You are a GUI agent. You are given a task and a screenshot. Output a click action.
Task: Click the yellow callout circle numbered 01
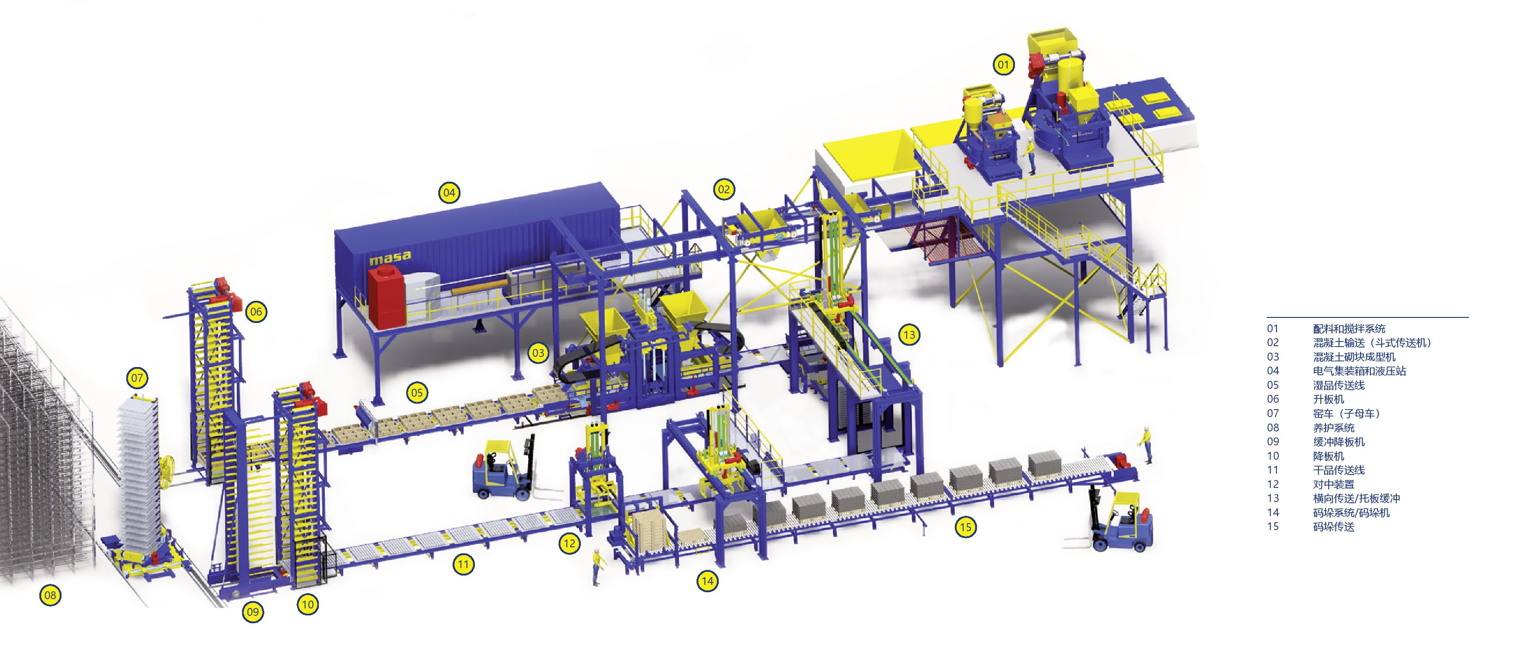pyautogui.click(x=1003, y=64)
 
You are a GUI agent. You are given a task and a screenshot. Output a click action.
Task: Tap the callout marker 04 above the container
pyautogui.click(x=449, y=192)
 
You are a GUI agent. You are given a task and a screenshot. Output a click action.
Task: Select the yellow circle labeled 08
pyautogui.click(x=50, y=595)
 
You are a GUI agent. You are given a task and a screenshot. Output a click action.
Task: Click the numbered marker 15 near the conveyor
pyautogui.click(x=966, y=526)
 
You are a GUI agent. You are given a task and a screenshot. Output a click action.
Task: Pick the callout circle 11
pyautogui.click(x=464, y=564)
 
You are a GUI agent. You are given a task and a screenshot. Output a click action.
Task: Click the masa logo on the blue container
pyautogui.click(x=390, y=258)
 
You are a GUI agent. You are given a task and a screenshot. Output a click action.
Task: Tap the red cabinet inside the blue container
pyautogui.click(x=386, y=297)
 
